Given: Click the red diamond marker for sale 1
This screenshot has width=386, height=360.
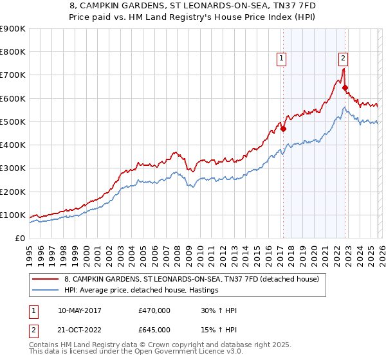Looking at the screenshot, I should point(283,129).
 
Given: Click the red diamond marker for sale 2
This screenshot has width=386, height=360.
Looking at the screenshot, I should point(345,88).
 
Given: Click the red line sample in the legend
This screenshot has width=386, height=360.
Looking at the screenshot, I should point(48,279).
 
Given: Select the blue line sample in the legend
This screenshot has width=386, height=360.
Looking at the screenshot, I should point(48,291).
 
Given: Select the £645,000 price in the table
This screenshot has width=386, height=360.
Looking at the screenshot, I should point(154,329).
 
